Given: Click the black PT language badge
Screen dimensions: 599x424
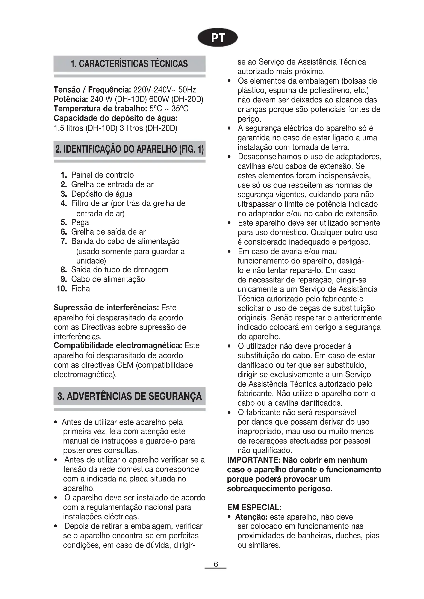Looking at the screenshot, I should (217, 38).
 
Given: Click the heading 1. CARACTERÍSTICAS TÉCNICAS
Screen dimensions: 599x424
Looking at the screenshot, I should (129, 64).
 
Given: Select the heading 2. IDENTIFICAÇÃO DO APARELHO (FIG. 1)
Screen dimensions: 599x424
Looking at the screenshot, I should (129, 149).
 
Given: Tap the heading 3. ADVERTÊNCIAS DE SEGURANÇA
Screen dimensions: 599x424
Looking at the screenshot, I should (129, 396).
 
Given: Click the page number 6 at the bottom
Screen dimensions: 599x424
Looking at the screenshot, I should (216, 565).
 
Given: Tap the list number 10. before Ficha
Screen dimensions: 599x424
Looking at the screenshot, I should (62, 289).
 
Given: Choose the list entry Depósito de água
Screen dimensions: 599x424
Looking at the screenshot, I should (102, 194).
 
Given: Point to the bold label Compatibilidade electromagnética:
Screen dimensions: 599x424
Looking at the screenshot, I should (118, 346).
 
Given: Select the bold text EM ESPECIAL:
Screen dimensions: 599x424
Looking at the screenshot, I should (254, 507).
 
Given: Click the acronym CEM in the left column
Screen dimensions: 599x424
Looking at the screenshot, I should (125, 365).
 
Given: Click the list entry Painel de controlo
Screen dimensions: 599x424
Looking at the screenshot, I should (102, 175).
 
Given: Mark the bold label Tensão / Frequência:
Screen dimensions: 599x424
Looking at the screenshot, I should (92, 90).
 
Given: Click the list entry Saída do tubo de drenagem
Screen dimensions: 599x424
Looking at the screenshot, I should (119, 269).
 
